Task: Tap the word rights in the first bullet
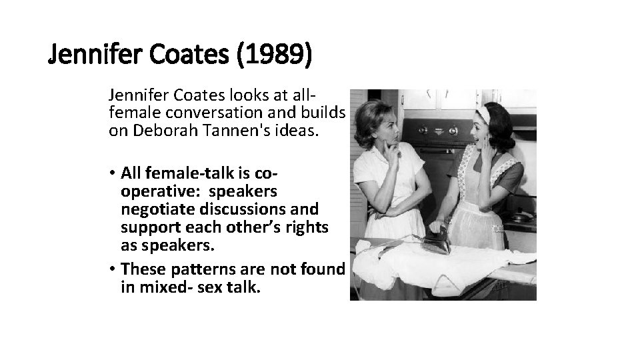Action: [x=305, y=227]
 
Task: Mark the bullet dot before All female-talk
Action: [x=113, y=175]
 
